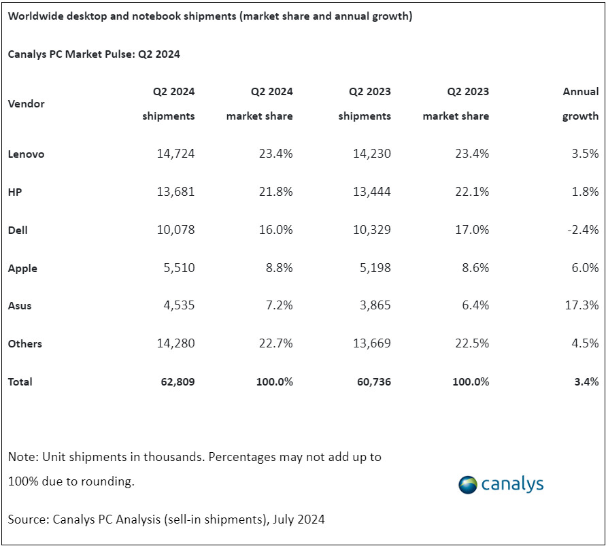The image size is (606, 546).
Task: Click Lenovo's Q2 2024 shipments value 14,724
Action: pyautogui.click(x=175, y=154)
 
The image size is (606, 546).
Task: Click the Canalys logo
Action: pyautogui.click(x=501, y=484)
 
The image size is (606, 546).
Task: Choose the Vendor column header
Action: pyautogui.click(x=27, y=104)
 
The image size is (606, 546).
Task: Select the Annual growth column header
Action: pyautogui.click(x=580, y=103)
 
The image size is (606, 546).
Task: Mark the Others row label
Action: pyautogui.click(x=25, y=344)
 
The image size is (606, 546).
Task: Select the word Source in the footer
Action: pyautogui.click(x=27, y=519)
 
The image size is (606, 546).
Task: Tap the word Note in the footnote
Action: pyautogui.click(x=22, y=457)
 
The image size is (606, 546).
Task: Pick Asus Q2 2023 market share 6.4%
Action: pyautogui.click(x=475, y=306)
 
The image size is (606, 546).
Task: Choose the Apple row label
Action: pyautogui.click(x=22, y=269)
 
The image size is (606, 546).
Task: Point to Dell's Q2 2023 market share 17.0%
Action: pyautogui.click(x=471, y=231)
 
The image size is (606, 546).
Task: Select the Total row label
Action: pyautogui.click(x=20, y=382)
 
